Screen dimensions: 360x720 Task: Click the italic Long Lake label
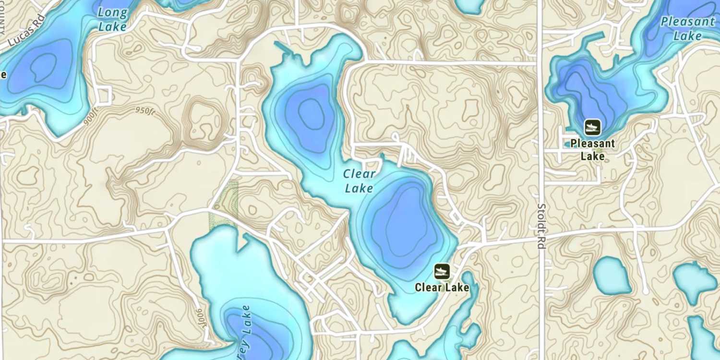pyautogui.click(x=113, y=19)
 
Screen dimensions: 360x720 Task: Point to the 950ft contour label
pyautogui.click(x=145, y=111)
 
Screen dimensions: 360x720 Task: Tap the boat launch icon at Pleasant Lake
pyautogui.click(x=592, y=127)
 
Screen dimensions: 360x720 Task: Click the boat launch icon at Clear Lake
pyautogui.click(x=442, y=271)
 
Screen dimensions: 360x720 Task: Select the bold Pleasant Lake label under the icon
pyautogui.click(x=592, y=150)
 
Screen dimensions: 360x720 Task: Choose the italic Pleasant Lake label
pyautogui.click(x=687, y=28)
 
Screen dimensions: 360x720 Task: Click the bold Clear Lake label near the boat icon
pyautogui.click(x=442, y=288)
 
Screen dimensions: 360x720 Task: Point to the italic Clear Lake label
pyautogui.click(x=359, y=181)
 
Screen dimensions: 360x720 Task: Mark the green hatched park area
pyautogui.click(x=224, y=204)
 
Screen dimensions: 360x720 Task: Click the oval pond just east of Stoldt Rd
pyautogui.click(x=612, y=276)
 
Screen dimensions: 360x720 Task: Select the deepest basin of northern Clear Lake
pyautogui.click(x=311, y=114)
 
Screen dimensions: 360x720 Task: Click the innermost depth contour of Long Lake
pyautogui.click(x=43, y=67)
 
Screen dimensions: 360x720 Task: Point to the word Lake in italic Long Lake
pyautogui.click(x=112, y=26)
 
